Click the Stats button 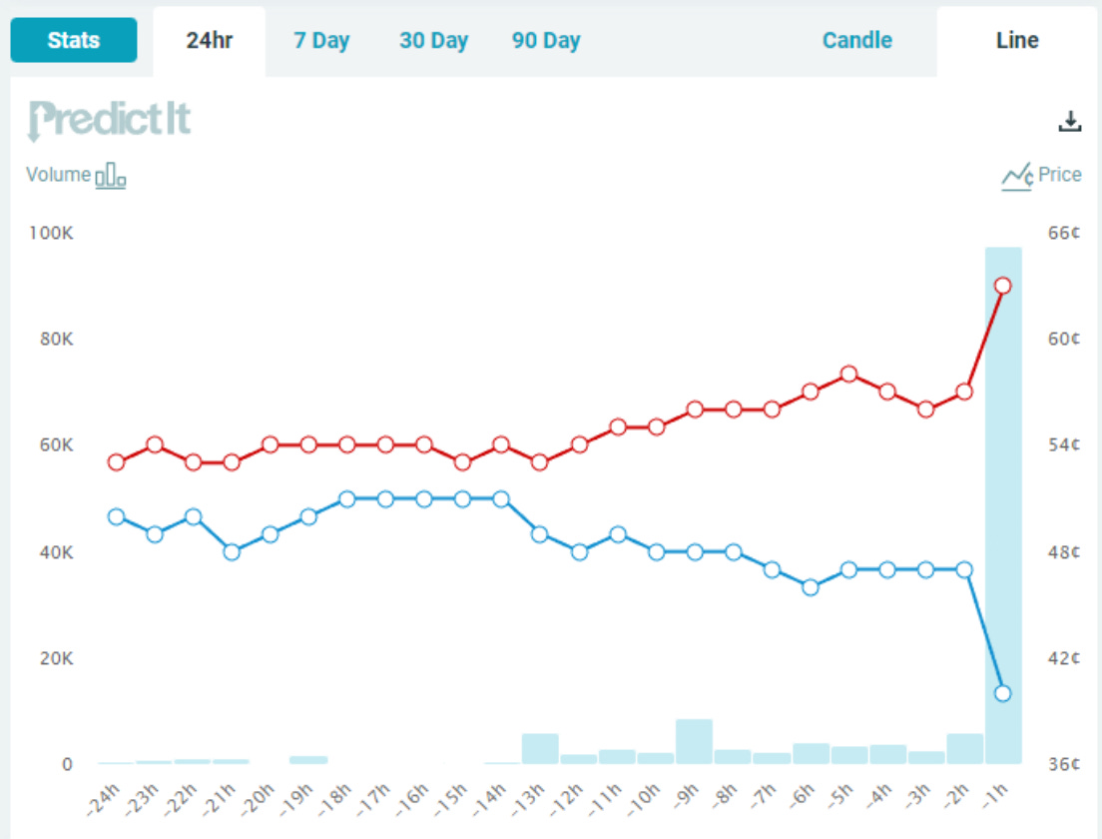(74, 41)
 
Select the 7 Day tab (321, 41)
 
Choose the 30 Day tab (433, 41)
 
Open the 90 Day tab (546, 41)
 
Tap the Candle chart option (857, 41)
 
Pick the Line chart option (1017, 41)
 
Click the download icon (1070, 122)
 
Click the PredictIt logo (109, 120)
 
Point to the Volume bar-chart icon (110, 176)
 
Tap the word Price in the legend (1059, 175)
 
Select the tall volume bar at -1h (1003, 499)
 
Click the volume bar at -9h (694, 741)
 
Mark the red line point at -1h (1003, 286)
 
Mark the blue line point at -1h (1003, 693)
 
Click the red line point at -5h (848, 375)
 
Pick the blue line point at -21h (232, 551)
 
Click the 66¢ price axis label (1064, 233)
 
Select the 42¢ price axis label (1064, 658)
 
